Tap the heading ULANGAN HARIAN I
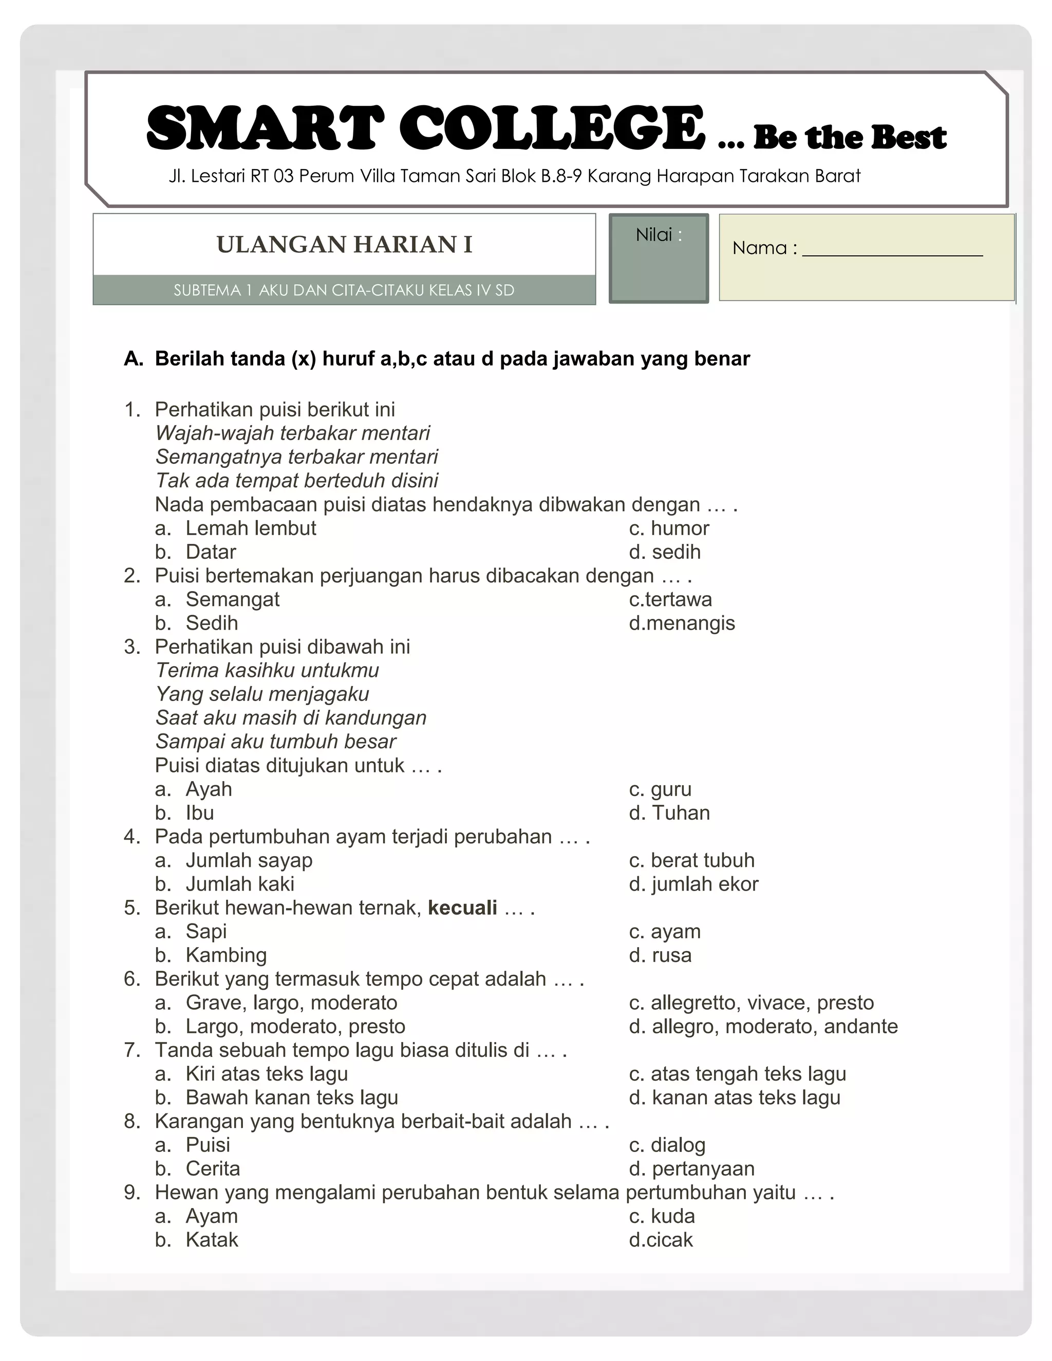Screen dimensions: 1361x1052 (x=344, y=245)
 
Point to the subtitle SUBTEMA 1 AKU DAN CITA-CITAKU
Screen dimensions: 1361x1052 (x=344, y=290)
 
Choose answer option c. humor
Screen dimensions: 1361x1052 (x=669, y=528)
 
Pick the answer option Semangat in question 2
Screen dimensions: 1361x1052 (x=232, y=599)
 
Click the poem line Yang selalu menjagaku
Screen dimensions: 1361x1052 (x=262, y=694)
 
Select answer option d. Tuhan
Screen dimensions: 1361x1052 (x=669, y=813)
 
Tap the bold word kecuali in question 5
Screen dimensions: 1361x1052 (x=462, y=908)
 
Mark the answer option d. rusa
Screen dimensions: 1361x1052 (x=660, y=955)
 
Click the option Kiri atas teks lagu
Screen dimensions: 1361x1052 (x=266, y=1074)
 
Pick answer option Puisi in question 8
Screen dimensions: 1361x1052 (x=208, y=1145)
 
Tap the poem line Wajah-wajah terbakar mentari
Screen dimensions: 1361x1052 (x=292, y=433)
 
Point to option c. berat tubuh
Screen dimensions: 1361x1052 (x=691, y=861)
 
